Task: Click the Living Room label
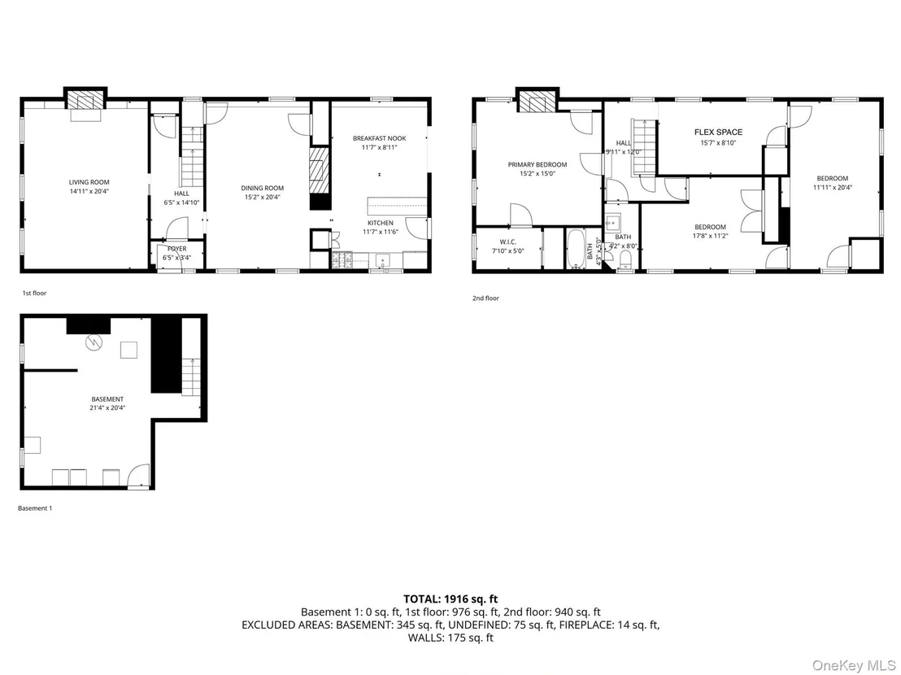point(89,182)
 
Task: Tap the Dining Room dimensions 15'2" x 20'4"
point(262,197)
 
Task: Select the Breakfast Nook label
point(379,138)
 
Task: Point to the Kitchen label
point(381,223)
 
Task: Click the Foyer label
point(177,249)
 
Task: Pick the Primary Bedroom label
point(538,164)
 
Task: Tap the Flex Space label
point(718,132)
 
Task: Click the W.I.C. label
point(508,242)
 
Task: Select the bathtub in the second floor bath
point(575,249)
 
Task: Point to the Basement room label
point(107,399)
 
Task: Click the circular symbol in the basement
point(93,343)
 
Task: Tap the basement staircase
point(190,376)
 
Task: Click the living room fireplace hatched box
point(85,100)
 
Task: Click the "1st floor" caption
point(34,293)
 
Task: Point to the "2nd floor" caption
point(485,298)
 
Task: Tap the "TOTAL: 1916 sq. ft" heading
point(450,599)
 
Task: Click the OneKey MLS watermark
point(854,665)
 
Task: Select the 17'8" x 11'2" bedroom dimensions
point(710,236)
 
